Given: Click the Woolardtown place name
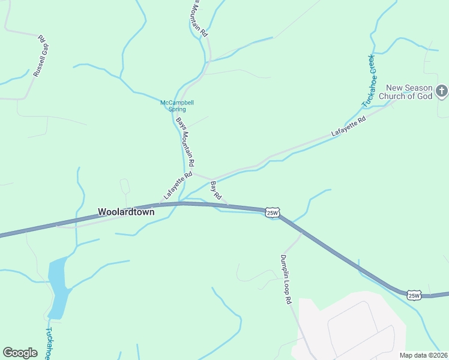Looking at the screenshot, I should coord(126,212).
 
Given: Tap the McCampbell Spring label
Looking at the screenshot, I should coord(177,106).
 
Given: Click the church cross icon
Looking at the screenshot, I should coord(442,91).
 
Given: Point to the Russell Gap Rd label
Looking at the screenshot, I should coord(40,56).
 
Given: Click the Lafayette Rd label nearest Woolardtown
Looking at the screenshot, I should coord(177,186).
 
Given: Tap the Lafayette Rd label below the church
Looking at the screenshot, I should coord(348,127).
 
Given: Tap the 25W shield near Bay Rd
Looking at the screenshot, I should coord(273,212).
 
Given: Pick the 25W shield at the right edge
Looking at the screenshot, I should coord(414,295).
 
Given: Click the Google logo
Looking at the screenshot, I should coord(20,352).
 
